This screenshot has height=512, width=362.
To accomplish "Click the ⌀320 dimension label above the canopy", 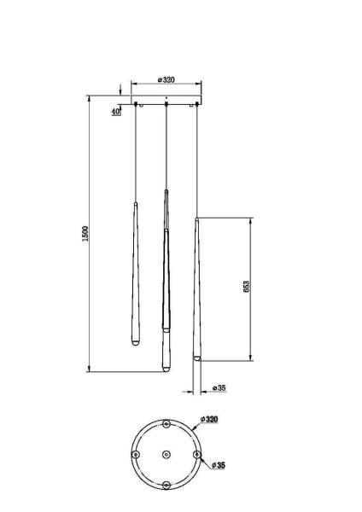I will coord(166,80).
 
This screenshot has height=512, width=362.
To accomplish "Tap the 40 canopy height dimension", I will coord(115,110).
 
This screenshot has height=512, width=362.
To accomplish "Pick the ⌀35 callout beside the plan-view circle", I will coord(219,465).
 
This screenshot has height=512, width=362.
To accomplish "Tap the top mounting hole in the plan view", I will coord(165,423).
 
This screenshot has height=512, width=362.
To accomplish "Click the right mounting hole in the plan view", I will coord(196,455).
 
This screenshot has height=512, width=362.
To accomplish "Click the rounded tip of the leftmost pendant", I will coord(133,345).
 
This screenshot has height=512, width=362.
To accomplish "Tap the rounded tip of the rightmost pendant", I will coord(198,359).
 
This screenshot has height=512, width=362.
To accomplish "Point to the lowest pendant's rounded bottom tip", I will coord(165,369).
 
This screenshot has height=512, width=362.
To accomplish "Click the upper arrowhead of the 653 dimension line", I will coord(249,220).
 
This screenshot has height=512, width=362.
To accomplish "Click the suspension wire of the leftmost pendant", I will coord(135,154).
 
